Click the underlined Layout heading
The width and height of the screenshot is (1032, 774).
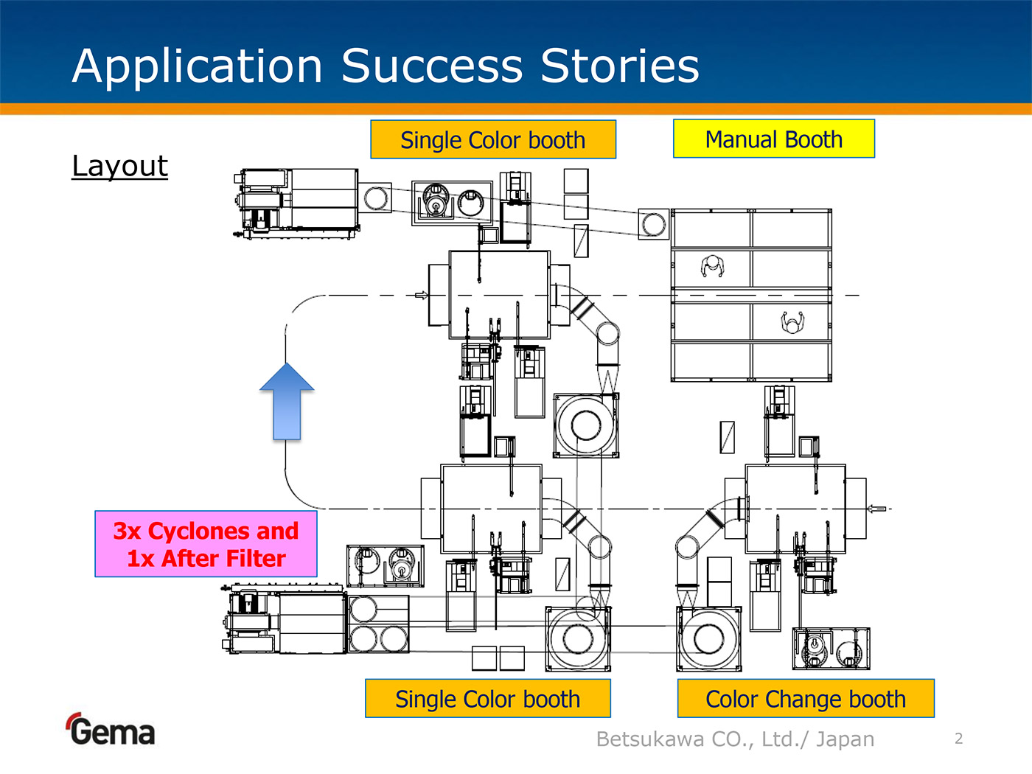click(x=120, y=166)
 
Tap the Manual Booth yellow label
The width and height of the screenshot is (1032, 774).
click(x=773, y=139)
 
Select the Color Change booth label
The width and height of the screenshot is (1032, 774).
click(x=806, y=699)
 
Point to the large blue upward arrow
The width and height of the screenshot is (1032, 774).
click(x=287, y=401)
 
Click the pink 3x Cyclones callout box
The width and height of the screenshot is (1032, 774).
click(x=206, y=544)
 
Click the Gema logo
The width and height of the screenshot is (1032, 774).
click(x=111, y=731)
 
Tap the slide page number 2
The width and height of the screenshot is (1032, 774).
click(x=958, y=739)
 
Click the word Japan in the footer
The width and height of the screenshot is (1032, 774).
click(x=845, y=739)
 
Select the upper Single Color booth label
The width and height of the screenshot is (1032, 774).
click(x=492, y=140)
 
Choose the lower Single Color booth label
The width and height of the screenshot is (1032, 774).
click(x=487, y=699)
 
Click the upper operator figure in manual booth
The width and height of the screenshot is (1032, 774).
click(x=712, y=266)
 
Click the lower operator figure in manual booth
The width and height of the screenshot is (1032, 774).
click(x=792, y=322)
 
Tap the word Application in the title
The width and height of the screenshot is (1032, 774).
click(x=198, y=66)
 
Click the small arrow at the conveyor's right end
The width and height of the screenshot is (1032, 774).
click(x=876, y=509)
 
